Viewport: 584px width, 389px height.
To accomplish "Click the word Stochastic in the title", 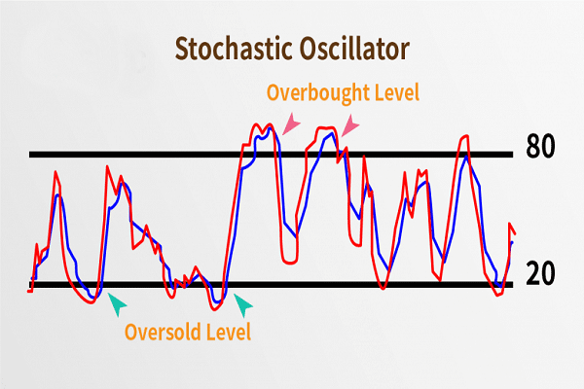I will coord(231,47).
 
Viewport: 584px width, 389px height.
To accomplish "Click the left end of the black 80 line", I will coord(30,155).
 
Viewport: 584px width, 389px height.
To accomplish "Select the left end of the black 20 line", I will coord(30,285).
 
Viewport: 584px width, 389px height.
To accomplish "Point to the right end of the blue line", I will coord(512,241).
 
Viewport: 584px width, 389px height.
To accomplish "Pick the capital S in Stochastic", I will coord(182,47).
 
